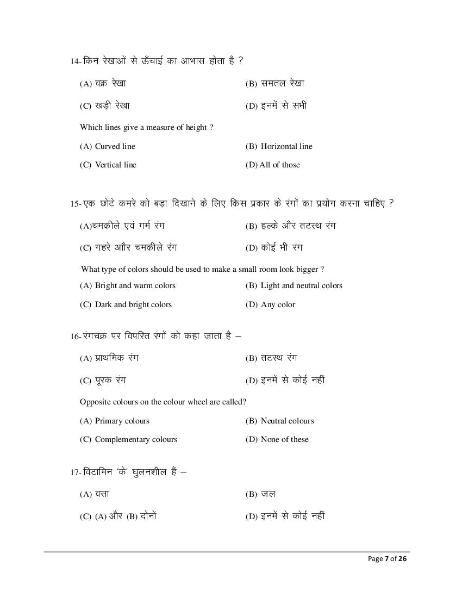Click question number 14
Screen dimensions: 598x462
[x=75, y=61]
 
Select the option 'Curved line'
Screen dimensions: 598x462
[x=115, y=146]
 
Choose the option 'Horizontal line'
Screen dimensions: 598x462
[x=286, y=146]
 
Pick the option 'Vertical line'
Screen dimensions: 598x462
[x=115, y=165]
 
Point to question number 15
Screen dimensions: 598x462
[x=75, y=203]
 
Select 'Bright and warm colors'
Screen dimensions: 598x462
[x=135, y=285]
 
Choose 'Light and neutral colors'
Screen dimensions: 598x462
[x=301, y=285]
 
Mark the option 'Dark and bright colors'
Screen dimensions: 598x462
[x=133, y=304]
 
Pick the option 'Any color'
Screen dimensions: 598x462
[x=278, y=304]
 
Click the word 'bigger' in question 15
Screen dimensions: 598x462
[x=307, y=269]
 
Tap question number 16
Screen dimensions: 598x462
[x=75, y=337]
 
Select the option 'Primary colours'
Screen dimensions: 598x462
[x=122, y=421]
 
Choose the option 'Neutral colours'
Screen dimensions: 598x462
[x=287, y=421]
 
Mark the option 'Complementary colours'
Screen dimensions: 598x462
[x=136, y=439]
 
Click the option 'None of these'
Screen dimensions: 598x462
[x=284, y=439]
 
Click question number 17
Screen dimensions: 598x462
[x=75, y=472]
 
